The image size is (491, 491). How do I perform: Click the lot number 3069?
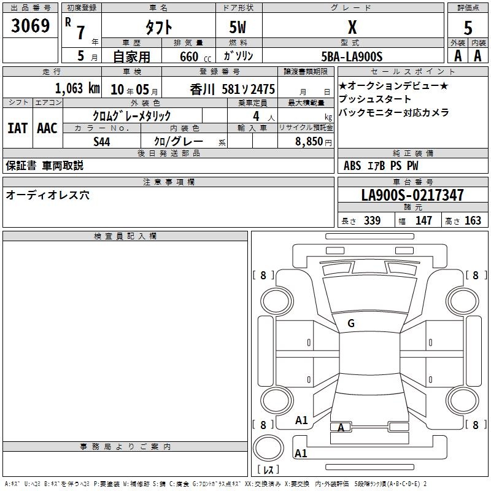(x=30, y=26)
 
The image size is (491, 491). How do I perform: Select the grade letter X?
(x=352, y=27)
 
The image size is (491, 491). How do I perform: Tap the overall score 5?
(x=468, y=28)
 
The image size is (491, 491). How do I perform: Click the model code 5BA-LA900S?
(x=352, y=56)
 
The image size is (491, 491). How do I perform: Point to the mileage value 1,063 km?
(x=77, y=88)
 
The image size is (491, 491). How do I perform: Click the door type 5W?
(x=238, y=27)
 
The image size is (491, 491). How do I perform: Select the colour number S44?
(x=102, y=142)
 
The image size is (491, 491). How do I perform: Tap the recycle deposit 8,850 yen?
(x=314, y=142)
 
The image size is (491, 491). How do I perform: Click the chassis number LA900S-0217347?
(x=412, y=195)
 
